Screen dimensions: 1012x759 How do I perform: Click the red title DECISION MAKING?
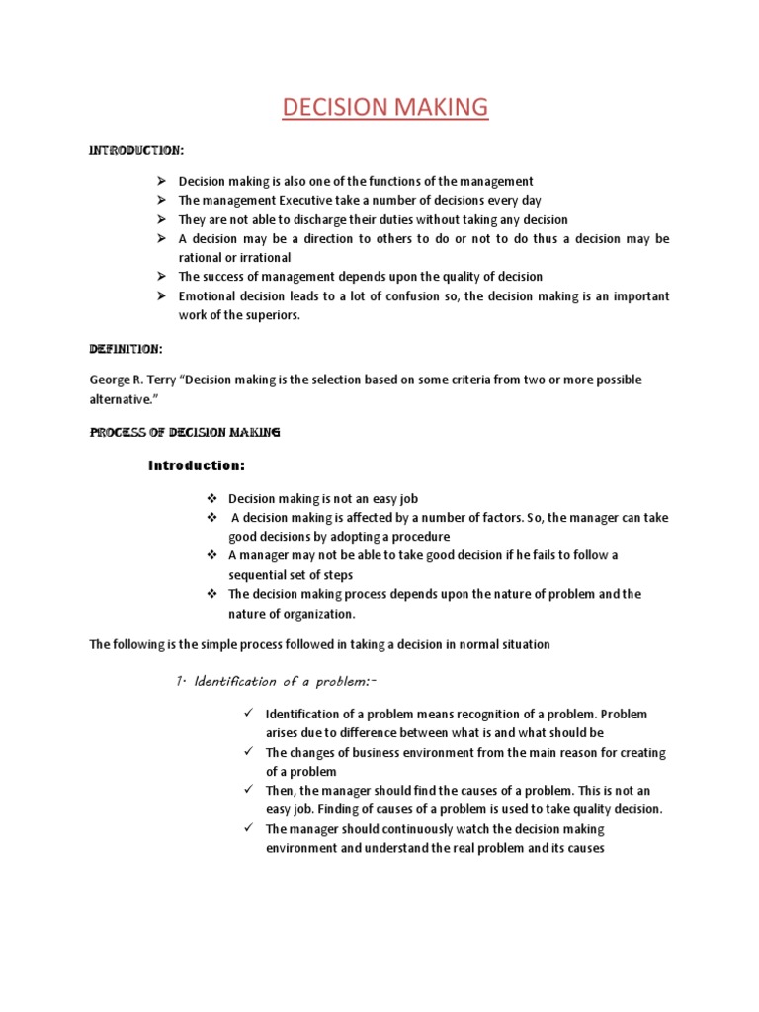pos(384,107)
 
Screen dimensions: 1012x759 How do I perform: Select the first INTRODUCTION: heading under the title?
pos(136,151)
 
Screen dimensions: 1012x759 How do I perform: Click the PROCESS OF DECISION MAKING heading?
pos(185,433)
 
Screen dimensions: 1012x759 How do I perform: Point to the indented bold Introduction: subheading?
pos(196,465)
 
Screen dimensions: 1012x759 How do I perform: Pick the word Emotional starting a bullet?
pos(210,296)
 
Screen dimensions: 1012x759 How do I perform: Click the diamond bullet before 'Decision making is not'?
pos(211,499)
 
